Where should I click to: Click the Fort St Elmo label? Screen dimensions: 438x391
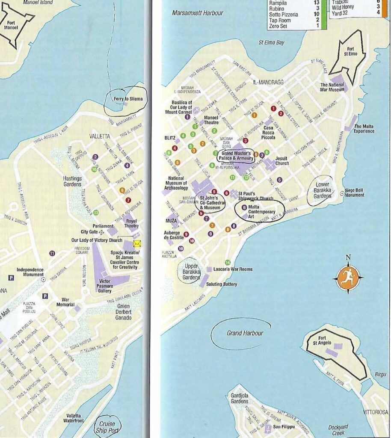(350, 51)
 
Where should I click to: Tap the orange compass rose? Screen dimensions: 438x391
(348, 278)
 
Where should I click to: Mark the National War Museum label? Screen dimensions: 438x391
(332, 87)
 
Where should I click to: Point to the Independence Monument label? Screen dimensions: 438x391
(30, 272)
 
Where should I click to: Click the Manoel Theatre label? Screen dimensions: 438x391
(211, 120)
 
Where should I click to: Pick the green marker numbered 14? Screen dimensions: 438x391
(228, 262)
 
